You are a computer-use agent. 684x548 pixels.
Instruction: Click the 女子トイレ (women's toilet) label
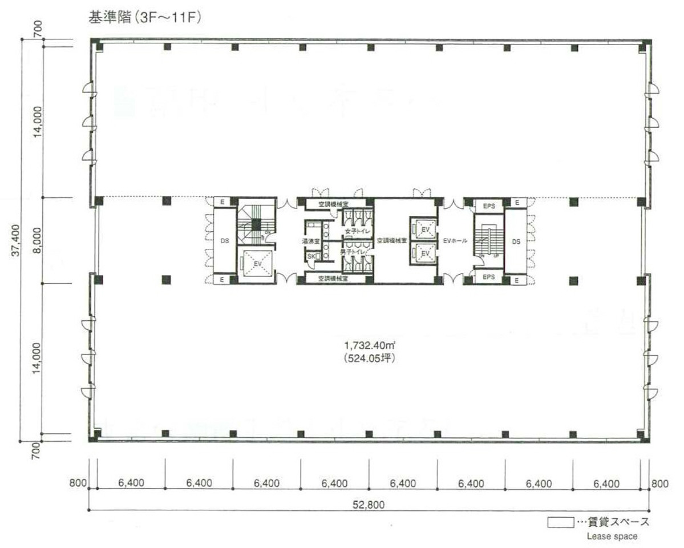tap(358, 231)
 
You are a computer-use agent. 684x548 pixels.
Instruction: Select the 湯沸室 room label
tap(311, 241)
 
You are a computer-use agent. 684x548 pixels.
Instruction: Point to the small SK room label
tap(311, 257)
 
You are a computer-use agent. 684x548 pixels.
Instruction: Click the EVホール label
tap(455, 241)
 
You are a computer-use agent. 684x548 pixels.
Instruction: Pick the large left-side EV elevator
tap(258, 263)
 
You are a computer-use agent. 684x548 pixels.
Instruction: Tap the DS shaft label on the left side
tap(225, 241)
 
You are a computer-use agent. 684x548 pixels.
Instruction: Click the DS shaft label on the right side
tap(516, 241)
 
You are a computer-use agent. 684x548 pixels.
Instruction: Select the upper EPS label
tap(489, 205)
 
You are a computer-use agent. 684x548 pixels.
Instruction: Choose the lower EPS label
tap(489, 277)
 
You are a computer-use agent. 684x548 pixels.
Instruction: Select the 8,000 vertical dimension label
tap(38, 240)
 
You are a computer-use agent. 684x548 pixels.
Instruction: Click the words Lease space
tap(612, 536)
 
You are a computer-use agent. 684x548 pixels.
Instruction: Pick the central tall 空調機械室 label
tap(391, 241)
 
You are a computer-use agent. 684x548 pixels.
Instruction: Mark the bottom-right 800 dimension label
tap(659, 483)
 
